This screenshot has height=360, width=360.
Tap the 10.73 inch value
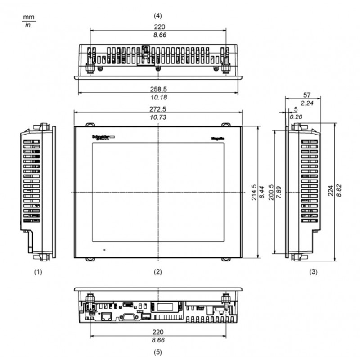click(158, 117)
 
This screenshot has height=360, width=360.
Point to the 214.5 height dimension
click(254, 192)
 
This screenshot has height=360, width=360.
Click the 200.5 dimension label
click(270, 192)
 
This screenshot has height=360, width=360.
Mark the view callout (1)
click(39, 272)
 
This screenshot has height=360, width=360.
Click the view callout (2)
click(158, 272)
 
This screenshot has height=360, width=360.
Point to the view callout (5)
click(158, 351)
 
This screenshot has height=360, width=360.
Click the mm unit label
click(28, 18)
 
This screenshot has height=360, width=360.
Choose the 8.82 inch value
click(340, 192)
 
